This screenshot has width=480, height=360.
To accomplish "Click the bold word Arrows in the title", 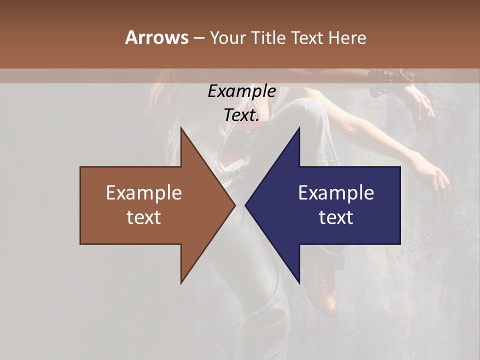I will (156, 37).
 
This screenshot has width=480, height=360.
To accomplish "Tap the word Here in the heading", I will (347, 37).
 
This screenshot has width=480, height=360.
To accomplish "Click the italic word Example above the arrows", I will (241, 91).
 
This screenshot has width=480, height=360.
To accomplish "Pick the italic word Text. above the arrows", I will (241, 115).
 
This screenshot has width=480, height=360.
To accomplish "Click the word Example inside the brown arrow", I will (143, 193).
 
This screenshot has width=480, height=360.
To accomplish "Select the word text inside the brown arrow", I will (143, 217).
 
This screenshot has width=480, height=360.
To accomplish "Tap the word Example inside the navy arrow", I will (336, 193).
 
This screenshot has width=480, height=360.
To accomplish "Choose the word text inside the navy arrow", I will (336, 217).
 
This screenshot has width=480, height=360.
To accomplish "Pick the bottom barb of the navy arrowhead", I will (299, 281).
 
